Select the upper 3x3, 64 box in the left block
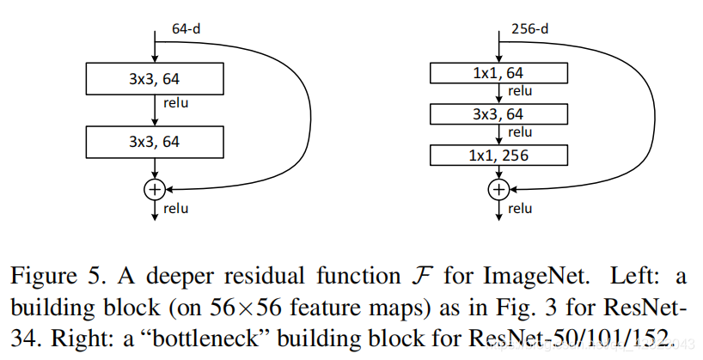pos(155,81)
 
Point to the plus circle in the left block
pos(155,187)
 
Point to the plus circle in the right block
pos(498,187)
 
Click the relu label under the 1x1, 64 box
pos(520,91)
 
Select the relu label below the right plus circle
pos(520,208)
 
